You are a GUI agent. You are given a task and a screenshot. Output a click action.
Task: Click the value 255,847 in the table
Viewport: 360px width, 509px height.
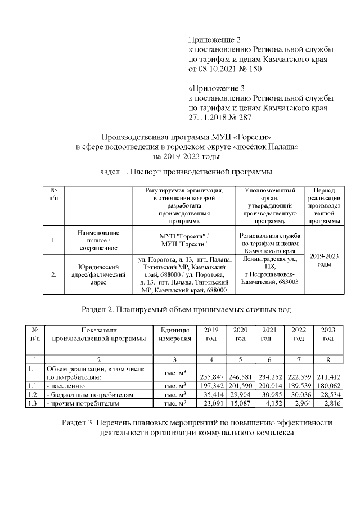211,377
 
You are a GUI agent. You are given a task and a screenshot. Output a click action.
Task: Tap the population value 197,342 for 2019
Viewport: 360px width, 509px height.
211,386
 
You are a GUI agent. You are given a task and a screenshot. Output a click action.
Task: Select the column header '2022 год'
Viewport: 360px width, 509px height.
299,334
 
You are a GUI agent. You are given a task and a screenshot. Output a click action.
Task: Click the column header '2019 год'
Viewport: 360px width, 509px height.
211,334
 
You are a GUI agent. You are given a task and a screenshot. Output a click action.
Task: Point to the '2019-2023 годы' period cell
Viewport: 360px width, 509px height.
324,260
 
